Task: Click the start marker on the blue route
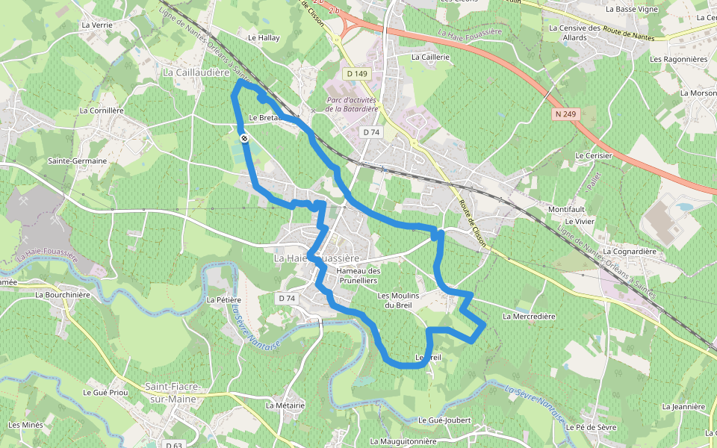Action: pyautogui.click(x=244, y=137)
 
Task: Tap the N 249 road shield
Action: pyautogui.click(x=565, y=113)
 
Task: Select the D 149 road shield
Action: pyautogui.click(x=358, y=73)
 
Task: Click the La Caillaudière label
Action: pyautogui.click(x=195, y=72)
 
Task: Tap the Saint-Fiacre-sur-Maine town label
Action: pyautogui.click(x=170, y=393)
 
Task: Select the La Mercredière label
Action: pyautogui.click(x=529, y=316)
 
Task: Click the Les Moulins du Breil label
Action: pyautogui.click(x=399, y=299)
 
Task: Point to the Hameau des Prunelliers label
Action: pyautogui.click(x=359, y=275)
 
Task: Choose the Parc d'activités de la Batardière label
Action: pyautogui.click(x=351, y=105)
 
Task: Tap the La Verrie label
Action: pyautogui.click(x=97, y=25)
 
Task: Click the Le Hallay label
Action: pyautogui.click(x=263, y=37)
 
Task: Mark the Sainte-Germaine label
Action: pyautogui.click(x=77, y=161)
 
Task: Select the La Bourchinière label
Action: pyautogui.click(x=63, y=294)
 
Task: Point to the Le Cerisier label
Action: pyautogui.click(x=593, y=155)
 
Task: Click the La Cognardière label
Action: pyautogui.click(x=630, y=252)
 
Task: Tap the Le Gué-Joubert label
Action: pyautogui.click(x=444, y=420)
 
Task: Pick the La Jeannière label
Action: pyautogui.click(x=683, y=407)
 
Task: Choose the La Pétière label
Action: pyautogui.click(x=223, y=299)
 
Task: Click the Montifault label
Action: pyautogui.click(x=572, y=209)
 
